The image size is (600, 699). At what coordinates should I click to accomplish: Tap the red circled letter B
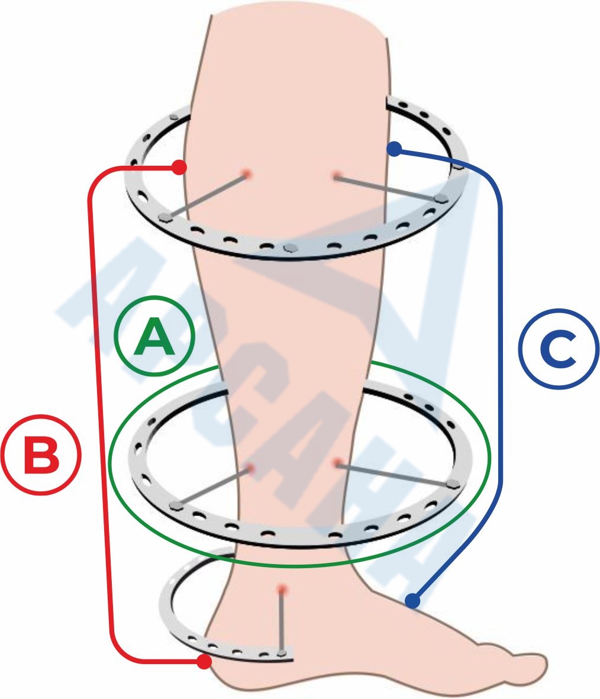(41, 456)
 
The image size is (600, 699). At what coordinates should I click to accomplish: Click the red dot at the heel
(204, 662)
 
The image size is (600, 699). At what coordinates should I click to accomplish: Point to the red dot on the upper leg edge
(179, 168)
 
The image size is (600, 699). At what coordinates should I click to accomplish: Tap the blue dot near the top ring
(394, 148)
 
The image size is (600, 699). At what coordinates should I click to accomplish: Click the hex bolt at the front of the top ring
(291, 246)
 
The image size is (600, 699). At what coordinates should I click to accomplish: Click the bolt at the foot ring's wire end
(283, 653)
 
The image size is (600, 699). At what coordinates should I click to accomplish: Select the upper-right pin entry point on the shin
(336, 175)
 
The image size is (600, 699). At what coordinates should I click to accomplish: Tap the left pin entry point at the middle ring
(250, 468)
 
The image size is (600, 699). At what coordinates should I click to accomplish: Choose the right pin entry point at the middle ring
(337, 463)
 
